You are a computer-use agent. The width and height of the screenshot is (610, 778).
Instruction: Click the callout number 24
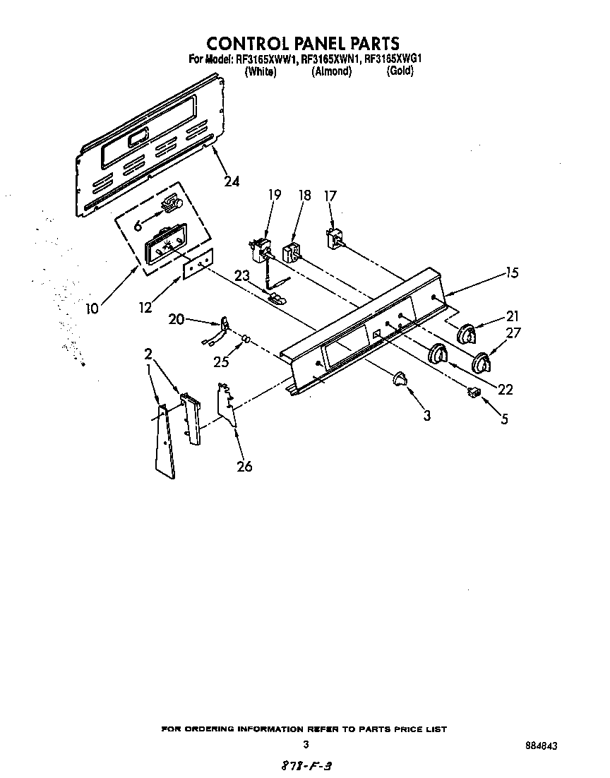click(231, 181)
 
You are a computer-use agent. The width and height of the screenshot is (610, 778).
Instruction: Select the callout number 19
click(275, 195)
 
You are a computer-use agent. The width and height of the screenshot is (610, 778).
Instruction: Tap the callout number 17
click(330, 196)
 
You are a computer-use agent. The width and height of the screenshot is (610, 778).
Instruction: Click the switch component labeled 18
click(291, 252)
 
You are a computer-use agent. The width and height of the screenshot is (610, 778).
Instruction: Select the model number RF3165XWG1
click(393, 60)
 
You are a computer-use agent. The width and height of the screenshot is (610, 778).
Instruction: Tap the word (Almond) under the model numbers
click(331, 71)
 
